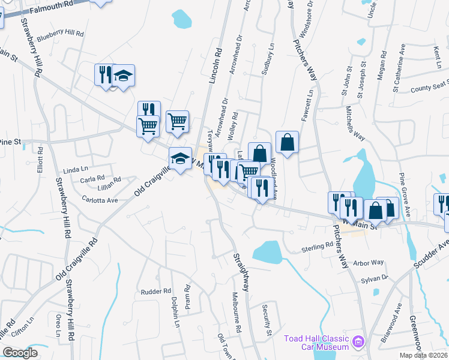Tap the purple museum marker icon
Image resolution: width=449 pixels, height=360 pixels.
tap(359, 342)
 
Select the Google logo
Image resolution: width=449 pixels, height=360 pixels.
tap(20, 353)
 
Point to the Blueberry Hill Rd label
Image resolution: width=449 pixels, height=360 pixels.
tap(61, 35)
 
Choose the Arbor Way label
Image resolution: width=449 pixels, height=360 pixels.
tap(369, 263)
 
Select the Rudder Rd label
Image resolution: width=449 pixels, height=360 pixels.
tap(156, 292)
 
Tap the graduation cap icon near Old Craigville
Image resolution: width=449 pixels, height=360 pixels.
tap(179, 159)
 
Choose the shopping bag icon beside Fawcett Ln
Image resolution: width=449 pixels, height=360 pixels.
tap(288, 143)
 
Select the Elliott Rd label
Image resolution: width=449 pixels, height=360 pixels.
tap(41, 160)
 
